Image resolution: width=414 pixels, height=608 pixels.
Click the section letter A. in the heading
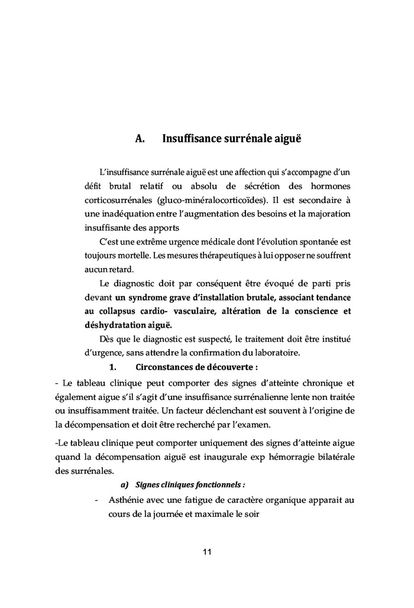pos(140,140)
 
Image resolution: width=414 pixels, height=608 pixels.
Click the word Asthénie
pos(128,500)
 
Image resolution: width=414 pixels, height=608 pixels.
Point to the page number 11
pos(207,552)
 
